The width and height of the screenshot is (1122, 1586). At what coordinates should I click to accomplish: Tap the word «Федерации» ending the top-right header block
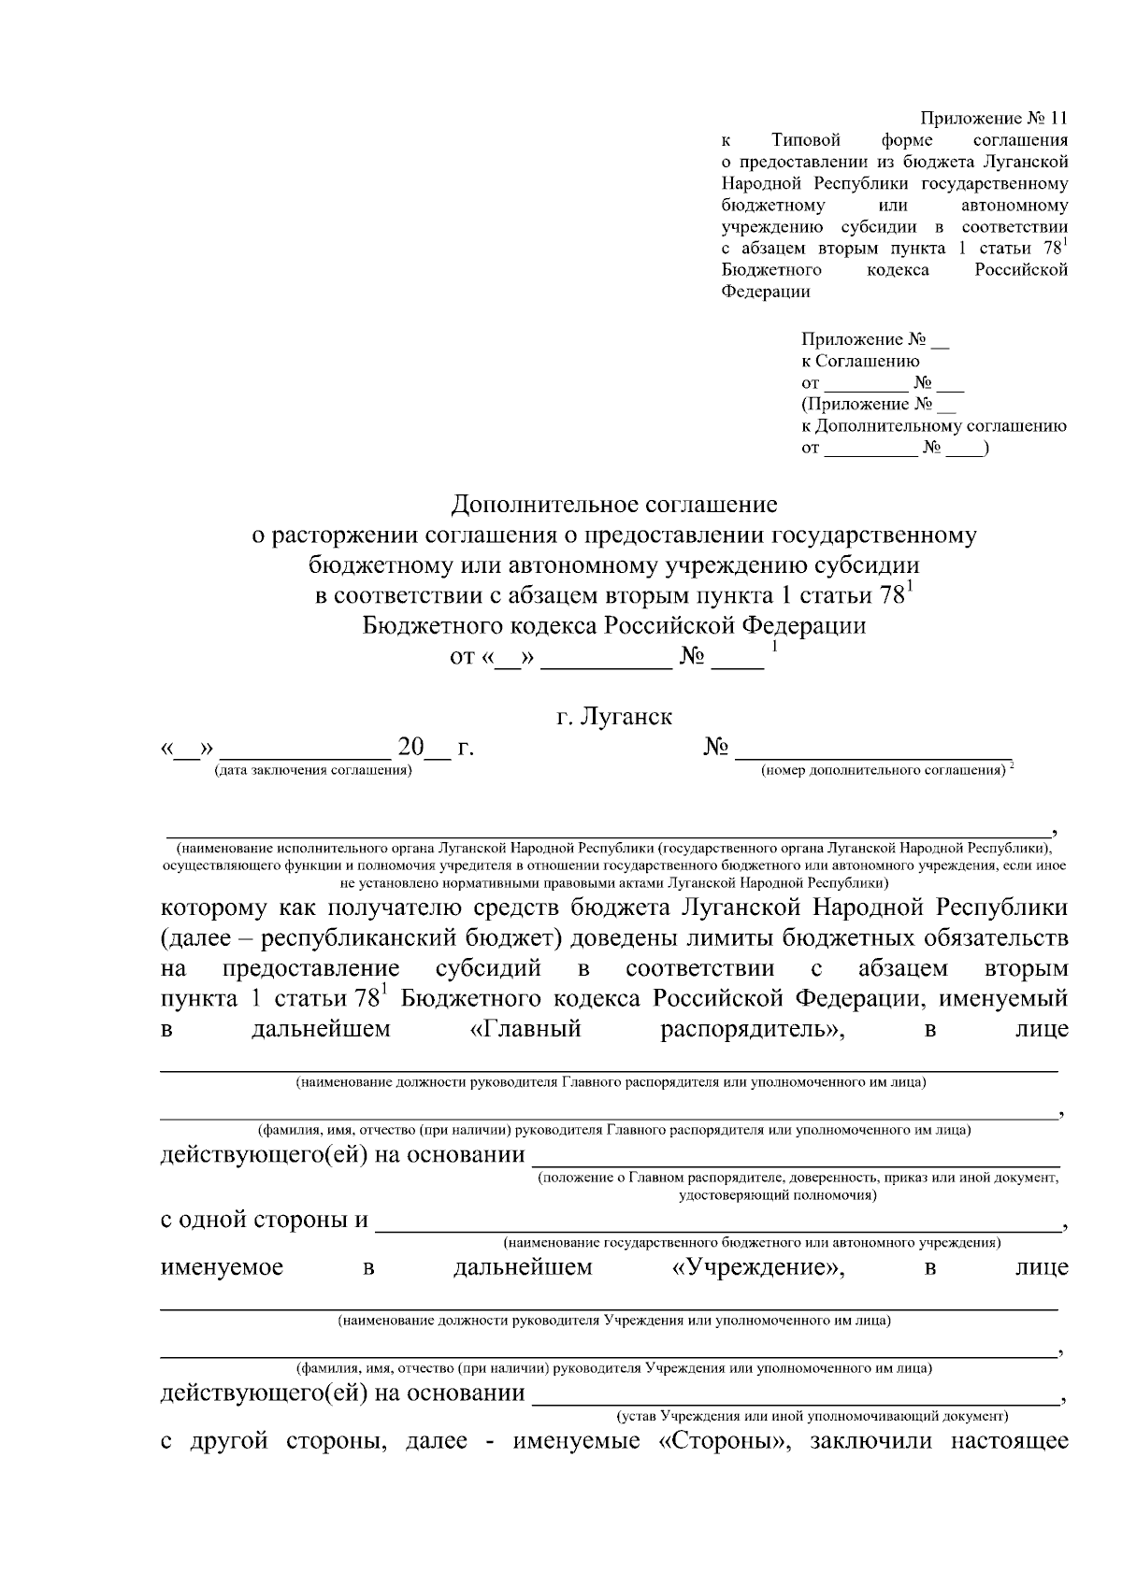coord(766,291)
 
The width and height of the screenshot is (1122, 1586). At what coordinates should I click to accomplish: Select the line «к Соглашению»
coord(860,361)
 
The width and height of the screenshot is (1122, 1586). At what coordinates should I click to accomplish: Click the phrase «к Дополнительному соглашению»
coord(933,426)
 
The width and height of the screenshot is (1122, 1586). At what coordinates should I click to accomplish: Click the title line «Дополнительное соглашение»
coord(614,505)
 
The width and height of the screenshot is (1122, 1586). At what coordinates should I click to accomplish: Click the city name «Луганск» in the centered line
coord(626,717)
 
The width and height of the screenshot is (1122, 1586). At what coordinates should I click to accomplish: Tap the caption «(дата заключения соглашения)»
coord(312,770)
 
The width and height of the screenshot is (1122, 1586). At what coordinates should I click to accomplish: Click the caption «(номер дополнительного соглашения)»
coord(883,770)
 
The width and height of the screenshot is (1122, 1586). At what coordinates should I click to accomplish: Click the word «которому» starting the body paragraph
coord(213,908)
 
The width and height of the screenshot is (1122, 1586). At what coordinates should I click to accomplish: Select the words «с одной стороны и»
coord(265,1221)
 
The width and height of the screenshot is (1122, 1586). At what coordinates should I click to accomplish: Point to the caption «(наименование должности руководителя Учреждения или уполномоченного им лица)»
coord(613,1322)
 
